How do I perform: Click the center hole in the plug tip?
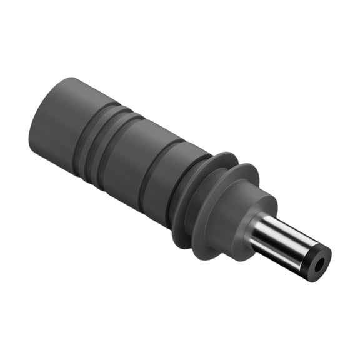[x=319, y=265]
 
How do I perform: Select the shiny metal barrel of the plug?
[x=284, y=240]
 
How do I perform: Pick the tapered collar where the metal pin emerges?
[x=253, y=216]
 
